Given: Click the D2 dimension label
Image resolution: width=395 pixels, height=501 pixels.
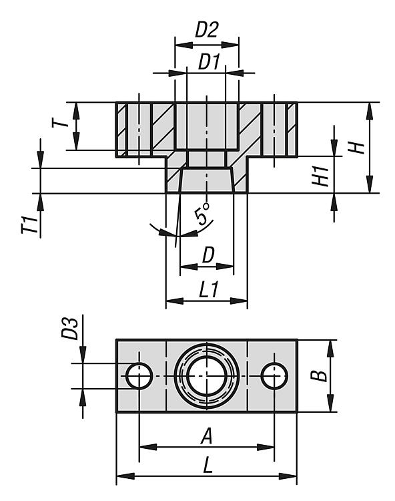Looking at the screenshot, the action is tap(207, 30).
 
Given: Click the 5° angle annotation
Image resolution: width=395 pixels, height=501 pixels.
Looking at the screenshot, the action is tap(202, 214).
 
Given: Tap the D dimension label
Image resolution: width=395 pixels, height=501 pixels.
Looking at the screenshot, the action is tap(208, 255).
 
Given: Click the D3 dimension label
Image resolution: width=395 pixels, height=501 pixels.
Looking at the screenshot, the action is tap(69, 329).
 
